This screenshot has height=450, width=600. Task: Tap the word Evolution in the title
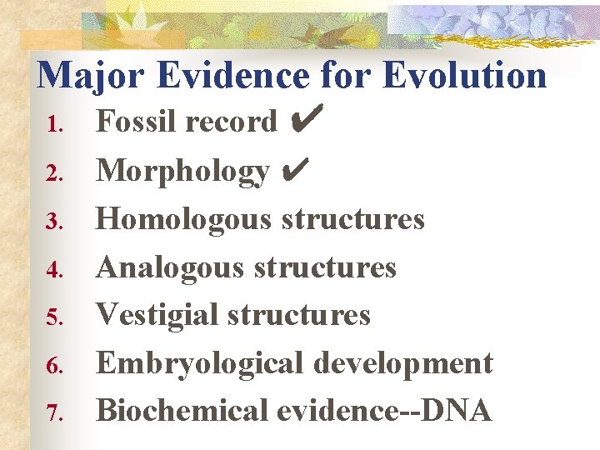pyautogui.click(x=464, y=74)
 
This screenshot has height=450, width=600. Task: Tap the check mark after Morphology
pyautogui.click(x=296, y=171)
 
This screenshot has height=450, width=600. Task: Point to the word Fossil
pyautogui.click(x=137, y=122)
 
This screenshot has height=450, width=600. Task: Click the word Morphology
pyautogui.click(x=182, y=172)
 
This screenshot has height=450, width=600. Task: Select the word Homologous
pyautogui.click(x=184, y=219)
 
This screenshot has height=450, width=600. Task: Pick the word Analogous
pyautogui.click(x=170, y=267)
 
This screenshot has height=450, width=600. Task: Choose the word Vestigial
pyautogui.click(x=157, y=315)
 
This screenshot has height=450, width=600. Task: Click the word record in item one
pyautogui.click(x=232, y=122)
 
